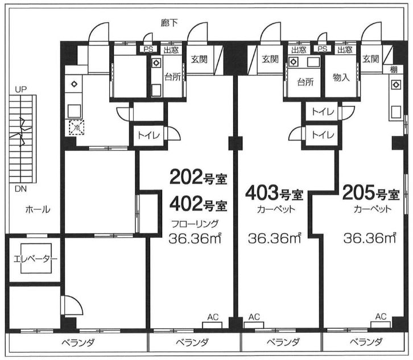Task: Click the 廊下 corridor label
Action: point(170,23)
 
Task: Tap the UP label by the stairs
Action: point(21,89)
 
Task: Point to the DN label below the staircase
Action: point(21,189)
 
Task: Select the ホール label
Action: point(38,210)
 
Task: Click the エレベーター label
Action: point(35,259)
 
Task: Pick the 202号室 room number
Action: point(199,177)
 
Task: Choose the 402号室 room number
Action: point(199,204)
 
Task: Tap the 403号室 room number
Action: point(274,193)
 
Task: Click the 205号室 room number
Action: point(371,193)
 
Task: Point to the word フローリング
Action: point(195,224)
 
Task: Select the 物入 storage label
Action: point(341,77)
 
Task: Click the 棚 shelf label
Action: point(394,69)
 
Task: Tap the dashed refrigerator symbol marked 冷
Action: point(77,127)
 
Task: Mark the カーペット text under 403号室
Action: point(276,209)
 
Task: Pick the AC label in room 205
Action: point(381,316)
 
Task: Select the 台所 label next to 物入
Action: point(305,82)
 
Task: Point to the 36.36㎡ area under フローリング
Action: point(195,238)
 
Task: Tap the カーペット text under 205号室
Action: point(373,209)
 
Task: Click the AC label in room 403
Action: point(254,317)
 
